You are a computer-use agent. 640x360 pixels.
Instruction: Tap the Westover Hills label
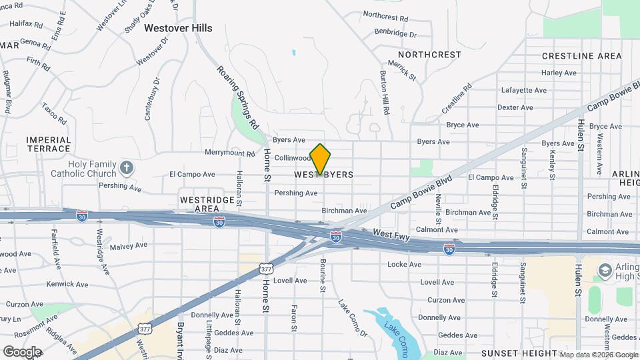(178, 28)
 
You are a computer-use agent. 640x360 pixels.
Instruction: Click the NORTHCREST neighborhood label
(429, 55)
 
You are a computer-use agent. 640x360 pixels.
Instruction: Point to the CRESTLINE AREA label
(581, 56)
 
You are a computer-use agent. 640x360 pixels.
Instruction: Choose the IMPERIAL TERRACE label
(49, 144)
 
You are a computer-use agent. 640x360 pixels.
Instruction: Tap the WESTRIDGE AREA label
(207, 204)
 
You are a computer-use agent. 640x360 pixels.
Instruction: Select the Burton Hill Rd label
(385, 92)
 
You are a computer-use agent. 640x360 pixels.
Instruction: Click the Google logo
(22, 351)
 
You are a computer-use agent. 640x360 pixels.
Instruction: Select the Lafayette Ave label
(524, 90)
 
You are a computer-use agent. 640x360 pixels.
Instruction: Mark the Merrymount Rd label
(230, 153)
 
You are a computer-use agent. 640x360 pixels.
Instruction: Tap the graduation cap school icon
(605, 270)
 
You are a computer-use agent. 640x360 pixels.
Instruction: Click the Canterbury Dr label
(153, 99)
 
